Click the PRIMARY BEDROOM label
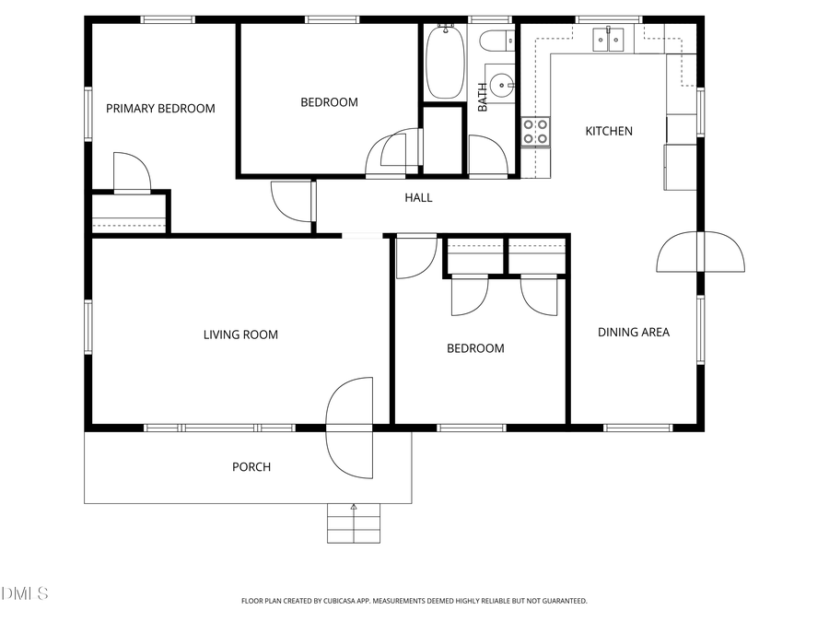[160, 108]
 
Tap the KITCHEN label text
[609, 131]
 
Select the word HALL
[418, 197]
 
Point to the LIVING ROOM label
[240, 334]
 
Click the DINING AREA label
[634, 332]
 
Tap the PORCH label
[251, 466]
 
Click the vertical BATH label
[483, 98]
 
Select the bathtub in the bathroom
[444, 62]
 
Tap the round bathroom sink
[502, 86]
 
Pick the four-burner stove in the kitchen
[536, 132]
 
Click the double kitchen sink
[609, 38]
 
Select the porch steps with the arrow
[353, 522]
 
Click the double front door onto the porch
[350, 428]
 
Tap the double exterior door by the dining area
[700, 252]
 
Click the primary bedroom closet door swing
[131, 172]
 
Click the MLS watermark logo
[25, 593]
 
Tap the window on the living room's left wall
[89, 327]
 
